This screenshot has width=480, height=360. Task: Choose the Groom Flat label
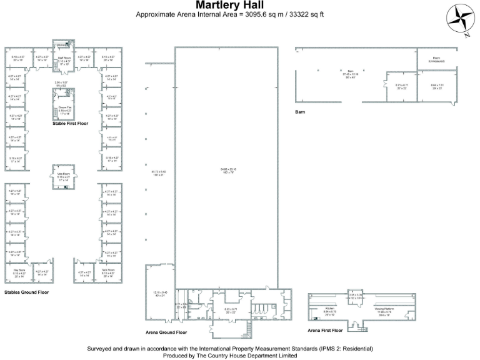click(x=64, y=109)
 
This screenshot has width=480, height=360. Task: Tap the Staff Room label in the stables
click(x=64, y=58)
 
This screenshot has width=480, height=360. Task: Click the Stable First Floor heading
click(x=70, y=124)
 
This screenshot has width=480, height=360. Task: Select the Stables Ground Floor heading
click(x=27, y=291)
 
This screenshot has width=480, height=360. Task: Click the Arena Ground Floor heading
click(x=166, y=332)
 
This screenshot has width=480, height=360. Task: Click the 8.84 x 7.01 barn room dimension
click(x=436, y=86)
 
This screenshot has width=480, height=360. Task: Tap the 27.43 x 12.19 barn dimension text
click(x=351, y=73)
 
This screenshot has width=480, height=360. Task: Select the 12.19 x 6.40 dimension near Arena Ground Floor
click(x=158, y=293)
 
